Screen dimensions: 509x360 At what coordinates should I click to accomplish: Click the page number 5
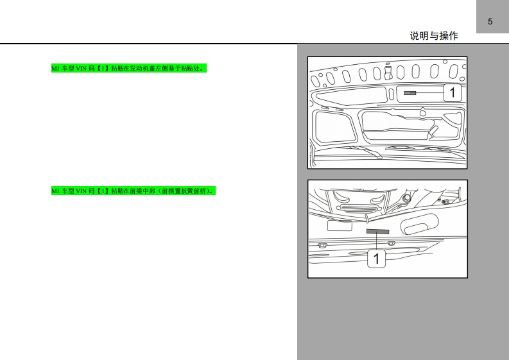pyautogui.click(x=490, y=22)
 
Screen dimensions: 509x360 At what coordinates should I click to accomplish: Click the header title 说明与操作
pyautogui.click(x=434, y=36)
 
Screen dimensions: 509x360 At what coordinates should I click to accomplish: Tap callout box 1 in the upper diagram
pyautogui.click(x=453, y=92)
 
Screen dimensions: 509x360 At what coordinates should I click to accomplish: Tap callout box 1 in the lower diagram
pyautogui.click(x=377, y=259)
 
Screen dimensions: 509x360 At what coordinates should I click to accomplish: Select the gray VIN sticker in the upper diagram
pyautogui.click(x=410, y=93)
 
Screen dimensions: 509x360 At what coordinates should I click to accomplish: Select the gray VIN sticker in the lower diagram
pyautogui.click(x=377, y=232)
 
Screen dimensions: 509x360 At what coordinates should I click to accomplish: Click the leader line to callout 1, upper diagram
pyautogui.click(x=430, y=93)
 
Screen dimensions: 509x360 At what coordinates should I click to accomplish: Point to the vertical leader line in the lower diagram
pyautogui.click(x=377, y=241)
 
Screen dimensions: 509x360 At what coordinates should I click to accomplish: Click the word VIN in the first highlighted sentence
pyautogui.click(x=81, y=69)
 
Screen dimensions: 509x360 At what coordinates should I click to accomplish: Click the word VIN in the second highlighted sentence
pyautogui.click(x=81, y=191)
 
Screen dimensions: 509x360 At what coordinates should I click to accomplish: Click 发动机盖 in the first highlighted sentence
pyautogui.click(x=142, y=69)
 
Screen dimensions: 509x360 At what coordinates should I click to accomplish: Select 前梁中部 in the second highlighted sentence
pyautogui.click(x=142, y=191)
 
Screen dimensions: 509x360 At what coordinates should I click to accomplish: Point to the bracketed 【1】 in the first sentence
pyautogui.click(x=103, y=69)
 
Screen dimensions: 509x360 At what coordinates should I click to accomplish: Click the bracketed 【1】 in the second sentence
pyautogui.click(x=103, y=191)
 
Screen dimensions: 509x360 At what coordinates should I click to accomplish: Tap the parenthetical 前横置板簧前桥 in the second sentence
pyautogui.click(x=184, y=191)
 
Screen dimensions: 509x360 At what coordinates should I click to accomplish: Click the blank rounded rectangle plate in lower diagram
pyautogui.click(x=340, y=225)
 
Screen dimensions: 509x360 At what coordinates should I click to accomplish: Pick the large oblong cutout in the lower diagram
pyautogui.click(x=419, y=224)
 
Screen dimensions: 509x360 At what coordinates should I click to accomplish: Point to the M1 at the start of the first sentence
pyautogui.click(x=55, y=69)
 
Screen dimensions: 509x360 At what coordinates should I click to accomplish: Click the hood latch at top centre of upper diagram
pyautogui.click(x=388, y=73)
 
